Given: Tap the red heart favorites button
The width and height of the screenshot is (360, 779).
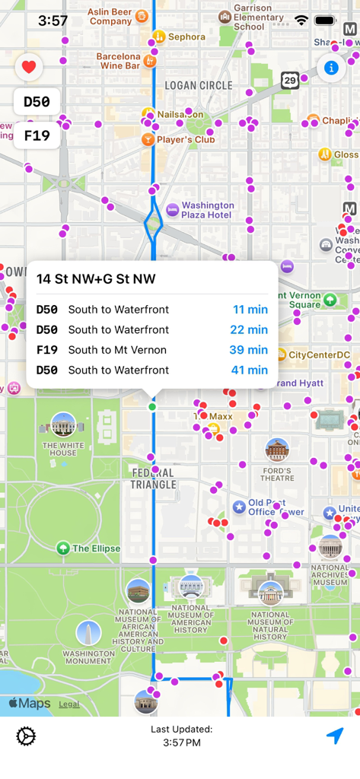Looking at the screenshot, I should pyautogui.click(x=29, y=68).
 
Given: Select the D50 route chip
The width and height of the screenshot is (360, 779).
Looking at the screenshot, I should pyautogui.click(x=37, y=102).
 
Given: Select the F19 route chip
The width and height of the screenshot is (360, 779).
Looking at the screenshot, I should pyautogui.click(x=37, y=135).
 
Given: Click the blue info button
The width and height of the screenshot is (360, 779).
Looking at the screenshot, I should pyautogui.click(x=331, y=68).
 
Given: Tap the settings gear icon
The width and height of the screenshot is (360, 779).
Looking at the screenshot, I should pyautogui.click(x=26, y=736).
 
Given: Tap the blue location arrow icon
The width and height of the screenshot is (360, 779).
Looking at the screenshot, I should pyautogui.click(x=335, y=736).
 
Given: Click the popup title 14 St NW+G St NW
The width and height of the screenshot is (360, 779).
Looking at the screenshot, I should pyautogui.click(x=96, y=279).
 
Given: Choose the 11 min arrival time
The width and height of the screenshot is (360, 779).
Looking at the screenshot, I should pyautogui.click(x=250, y=310).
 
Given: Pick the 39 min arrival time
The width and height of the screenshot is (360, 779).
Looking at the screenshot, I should pyautogui.click(x=248, y=350).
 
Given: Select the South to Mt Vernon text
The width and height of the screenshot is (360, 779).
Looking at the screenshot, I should pyautogui.click(x=117, y=350).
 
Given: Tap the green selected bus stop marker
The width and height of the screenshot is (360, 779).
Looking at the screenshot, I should pyautogui.click(x=152, y=407).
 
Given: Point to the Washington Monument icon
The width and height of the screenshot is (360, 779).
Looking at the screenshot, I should pyautogui.click(x=88, y=633).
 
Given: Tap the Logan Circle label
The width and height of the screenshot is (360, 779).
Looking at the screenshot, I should pyautogui.click(x=199, y=85).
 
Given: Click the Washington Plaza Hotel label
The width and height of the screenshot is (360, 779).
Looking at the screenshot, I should pyautogui.click(x=207, y=210).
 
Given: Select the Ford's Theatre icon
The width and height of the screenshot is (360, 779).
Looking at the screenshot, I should pyautogui.click(x=277, y=450).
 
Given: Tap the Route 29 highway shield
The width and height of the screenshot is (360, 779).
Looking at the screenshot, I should pyautogui.click(x=290, y=81).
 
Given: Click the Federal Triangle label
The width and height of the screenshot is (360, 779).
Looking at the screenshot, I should pyautogui.click(x=153, y=479).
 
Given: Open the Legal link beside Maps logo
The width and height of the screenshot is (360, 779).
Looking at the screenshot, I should pyautogui.click(x=69, y=704).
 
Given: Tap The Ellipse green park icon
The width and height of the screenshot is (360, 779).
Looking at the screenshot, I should pyautogui.click(x=63, y=548).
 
